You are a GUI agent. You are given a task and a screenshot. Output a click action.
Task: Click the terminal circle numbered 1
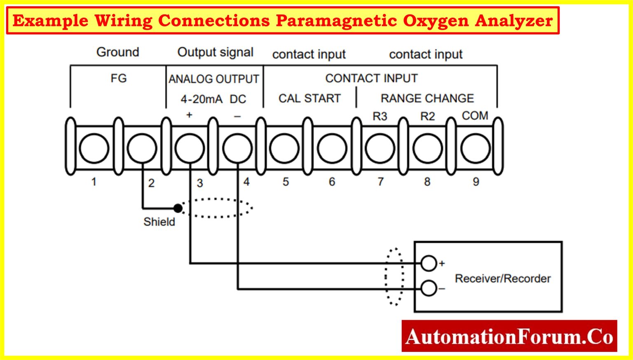point(94,148)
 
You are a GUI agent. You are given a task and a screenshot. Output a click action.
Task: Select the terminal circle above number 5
point(284,148)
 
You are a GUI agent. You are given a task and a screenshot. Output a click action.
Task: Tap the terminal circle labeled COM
point(475,148)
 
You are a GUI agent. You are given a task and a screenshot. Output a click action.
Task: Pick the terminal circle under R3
point(380,148)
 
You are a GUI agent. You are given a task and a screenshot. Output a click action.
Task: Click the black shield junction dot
point(178,208)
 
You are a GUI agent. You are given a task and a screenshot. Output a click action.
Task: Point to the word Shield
point(159,222)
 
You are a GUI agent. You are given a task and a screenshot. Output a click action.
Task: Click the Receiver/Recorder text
point(502,279)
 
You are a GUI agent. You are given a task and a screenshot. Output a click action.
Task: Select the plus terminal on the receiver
point(429,263)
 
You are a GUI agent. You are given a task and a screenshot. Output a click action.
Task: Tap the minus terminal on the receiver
point(429,288)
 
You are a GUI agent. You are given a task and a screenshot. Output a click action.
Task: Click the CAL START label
point(309,98)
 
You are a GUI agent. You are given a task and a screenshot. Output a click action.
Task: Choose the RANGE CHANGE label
point(427,98)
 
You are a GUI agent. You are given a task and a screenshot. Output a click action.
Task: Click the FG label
point(118,78)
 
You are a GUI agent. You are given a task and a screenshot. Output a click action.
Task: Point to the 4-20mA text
point(201,99)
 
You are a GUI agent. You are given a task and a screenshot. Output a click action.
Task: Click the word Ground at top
point(118,52)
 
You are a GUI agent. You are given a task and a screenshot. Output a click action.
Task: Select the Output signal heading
point(215,52)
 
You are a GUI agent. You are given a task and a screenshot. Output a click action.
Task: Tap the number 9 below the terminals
point(476,182)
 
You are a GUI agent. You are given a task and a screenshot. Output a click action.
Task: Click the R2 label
point(427,117)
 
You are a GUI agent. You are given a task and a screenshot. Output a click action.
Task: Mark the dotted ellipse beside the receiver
point(394,277)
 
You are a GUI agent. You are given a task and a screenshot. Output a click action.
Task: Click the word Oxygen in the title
point(436,20)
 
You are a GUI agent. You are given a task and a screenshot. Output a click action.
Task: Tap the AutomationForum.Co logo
point(509,337)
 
